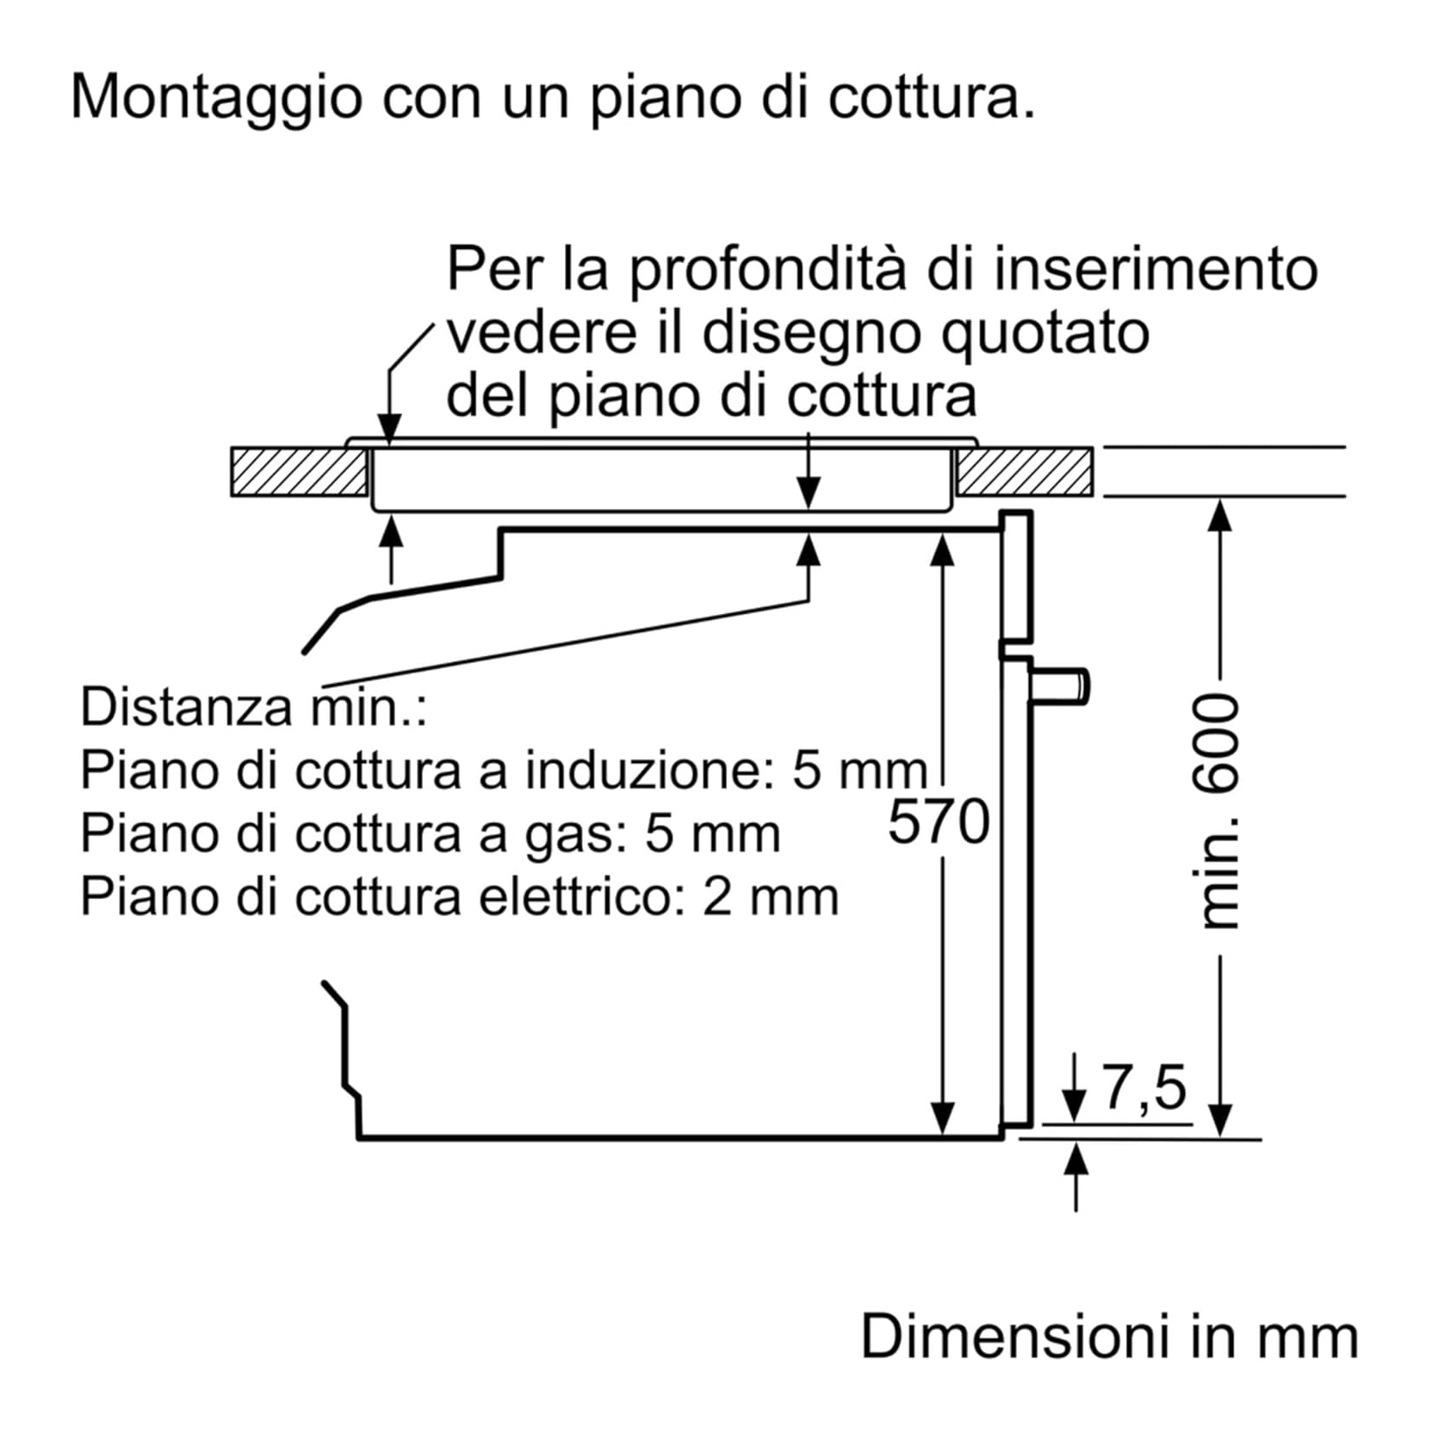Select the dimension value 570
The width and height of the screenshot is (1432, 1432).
pyautogui.click(x=939, y=821)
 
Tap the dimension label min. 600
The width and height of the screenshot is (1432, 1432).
pyautogui.click(x=1218, y=810)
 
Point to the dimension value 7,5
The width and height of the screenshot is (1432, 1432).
pyautogui.click(x=1144, y=1088)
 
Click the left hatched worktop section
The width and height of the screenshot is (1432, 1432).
pyautogui.click(x=299, y=472)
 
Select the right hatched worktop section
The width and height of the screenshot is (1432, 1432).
pyautogui.click(x=1025, y=472)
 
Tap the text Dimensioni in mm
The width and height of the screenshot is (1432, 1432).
pyautogui.click(x=1109, y=1336)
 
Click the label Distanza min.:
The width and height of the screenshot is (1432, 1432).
pyautogui.click(x=253, y=707)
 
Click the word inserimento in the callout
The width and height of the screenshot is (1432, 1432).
pyautogui.click(x=1156, y=269)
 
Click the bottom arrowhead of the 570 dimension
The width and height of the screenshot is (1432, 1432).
pyautogui.click(x=944, y=1119)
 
